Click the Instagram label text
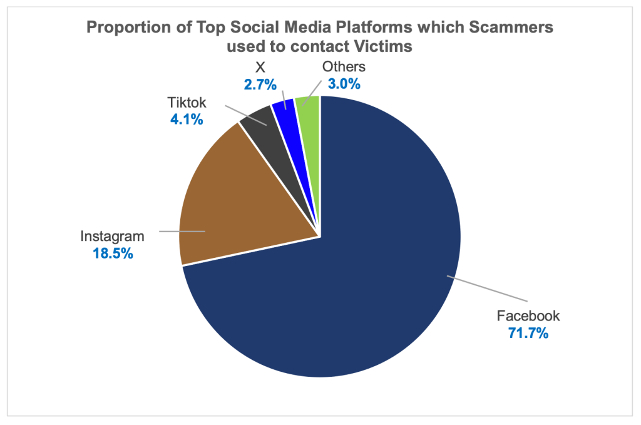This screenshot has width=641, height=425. pos(112,237)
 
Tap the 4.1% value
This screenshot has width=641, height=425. pos(187,119)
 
